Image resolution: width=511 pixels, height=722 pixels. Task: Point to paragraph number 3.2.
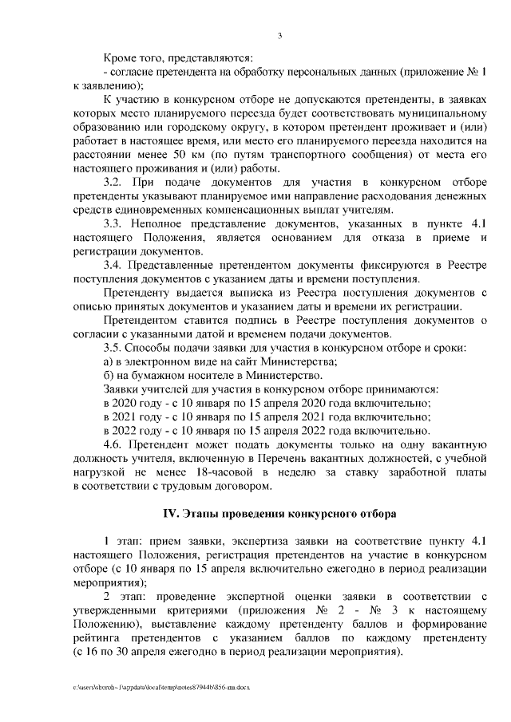coord(114,182)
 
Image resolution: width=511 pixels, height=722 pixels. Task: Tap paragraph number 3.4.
coord(114,264)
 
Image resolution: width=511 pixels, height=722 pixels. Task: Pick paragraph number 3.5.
coord(114,347)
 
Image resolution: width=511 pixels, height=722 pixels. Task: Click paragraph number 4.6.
coord(114,444)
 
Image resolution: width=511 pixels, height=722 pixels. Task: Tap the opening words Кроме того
coord(132,57)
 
